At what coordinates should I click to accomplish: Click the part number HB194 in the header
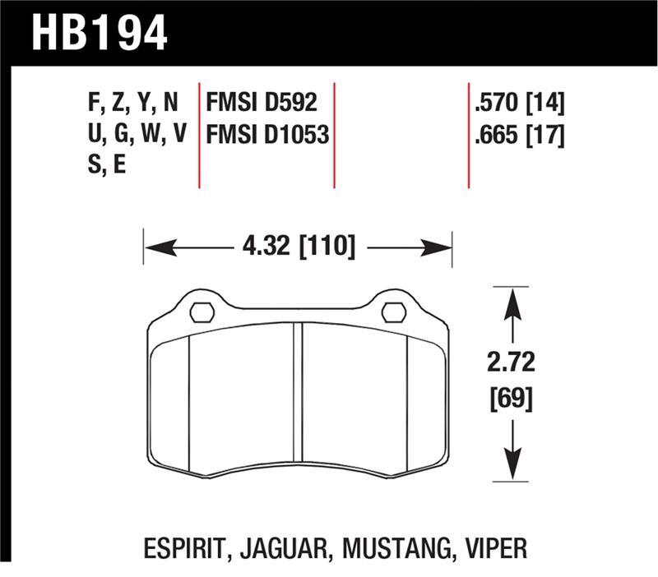(100, 33)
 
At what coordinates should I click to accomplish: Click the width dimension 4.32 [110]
(299, 246)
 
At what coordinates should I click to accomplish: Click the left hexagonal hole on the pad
(202, 312)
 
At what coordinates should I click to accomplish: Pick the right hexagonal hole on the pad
(394, 312)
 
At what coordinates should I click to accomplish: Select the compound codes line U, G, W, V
(137, 134)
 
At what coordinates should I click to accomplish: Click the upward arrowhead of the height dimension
(512, 303)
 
